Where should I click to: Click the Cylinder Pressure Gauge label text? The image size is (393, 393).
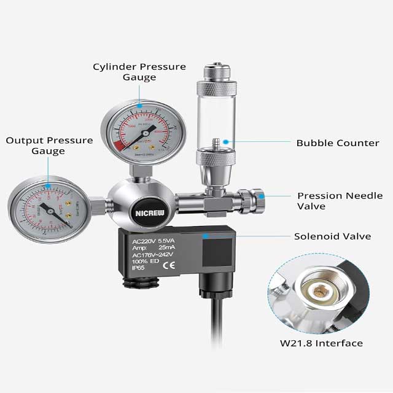[x=139, y=72]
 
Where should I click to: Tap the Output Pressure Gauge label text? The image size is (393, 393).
[x=50, y=146]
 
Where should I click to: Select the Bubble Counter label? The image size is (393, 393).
[x=337, y=143]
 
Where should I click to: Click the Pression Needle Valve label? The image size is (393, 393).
[x=340, y=201]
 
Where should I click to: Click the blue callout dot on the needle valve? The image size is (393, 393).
[x=262, y=196]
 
